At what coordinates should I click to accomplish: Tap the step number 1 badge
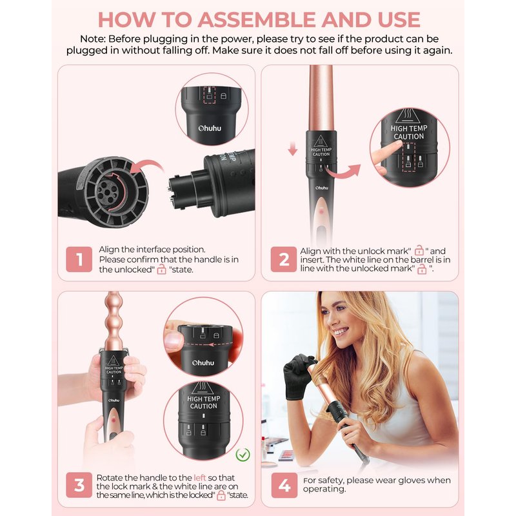(x=79, y=259)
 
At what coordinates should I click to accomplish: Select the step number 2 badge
(x=284, y=259)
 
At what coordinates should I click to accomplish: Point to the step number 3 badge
(x=79, y=485)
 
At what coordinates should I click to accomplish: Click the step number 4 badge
(x=284, y=486)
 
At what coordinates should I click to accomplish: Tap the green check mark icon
(x=243, y=455)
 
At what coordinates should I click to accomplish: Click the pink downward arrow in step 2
(x=293, y=149)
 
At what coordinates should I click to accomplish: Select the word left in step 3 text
(x=200, y=477)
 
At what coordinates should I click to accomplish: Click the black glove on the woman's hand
(x=298, y=375)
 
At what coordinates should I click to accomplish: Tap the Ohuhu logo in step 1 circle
(x=210, y=128)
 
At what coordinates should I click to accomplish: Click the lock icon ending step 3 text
(x=221, y=495)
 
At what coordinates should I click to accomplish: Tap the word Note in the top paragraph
(x=92, y=39)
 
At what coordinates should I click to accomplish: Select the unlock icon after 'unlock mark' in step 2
(x=419, y=250)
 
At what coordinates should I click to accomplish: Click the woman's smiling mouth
(x=341, y=331)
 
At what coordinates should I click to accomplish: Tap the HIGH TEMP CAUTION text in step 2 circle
(x=409, y=132)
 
